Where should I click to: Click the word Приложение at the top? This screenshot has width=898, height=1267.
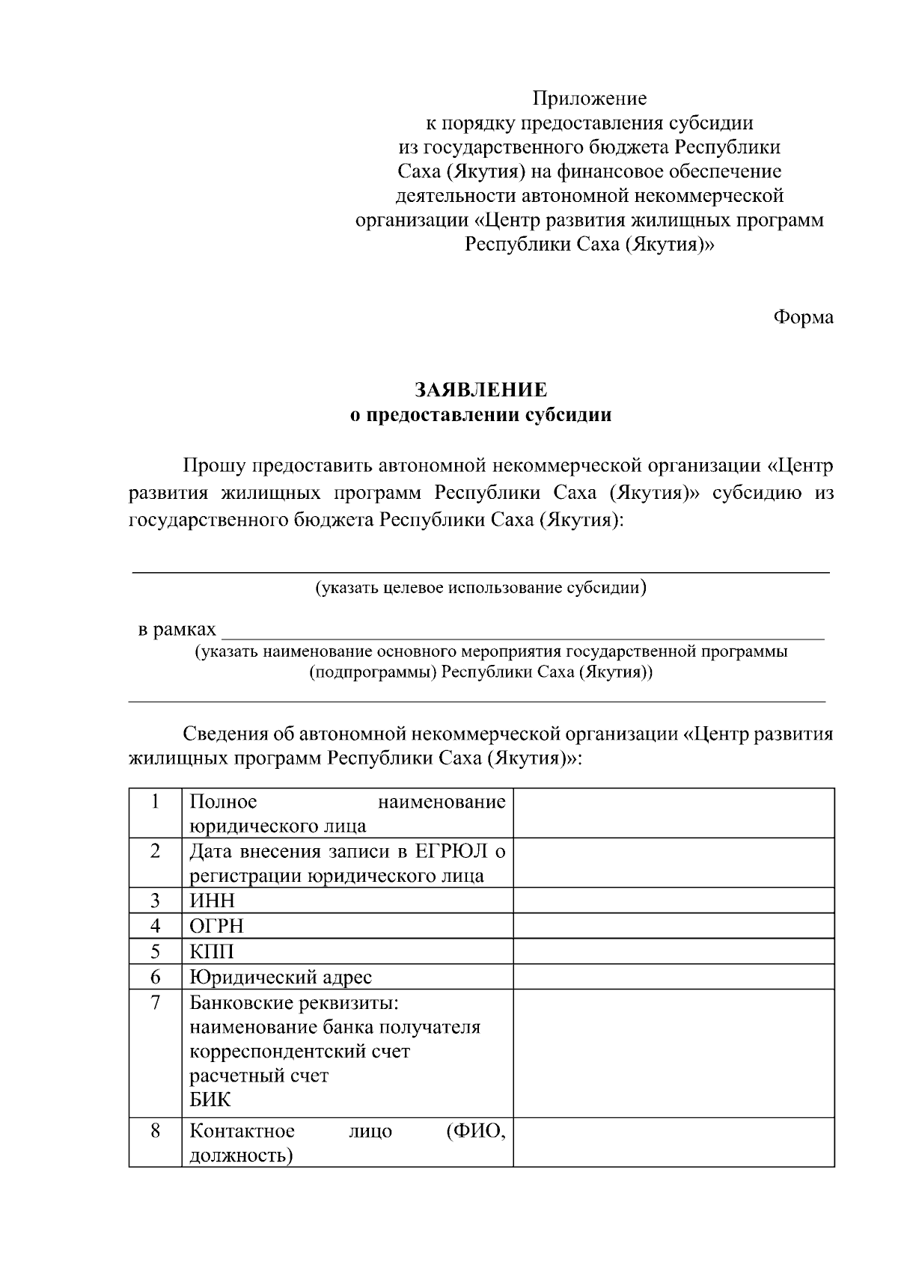pyautogui.click(x=589, y=98)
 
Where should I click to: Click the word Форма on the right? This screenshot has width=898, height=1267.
pyautogui.click(x=802, y=317)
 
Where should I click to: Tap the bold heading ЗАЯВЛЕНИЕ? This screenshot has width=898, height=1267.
pyautogui.click(x=481, y=390)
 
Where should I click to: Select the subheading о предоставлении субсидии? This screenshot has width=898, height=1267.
pyautogui.click(x=481, y=414)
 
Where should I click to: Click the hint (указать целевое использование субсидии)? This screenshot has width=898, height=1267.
pyautogui.click(x=480, y=587)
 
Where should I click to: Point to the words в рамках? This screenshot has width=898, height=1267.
pyautogui.click(x=177, y=630)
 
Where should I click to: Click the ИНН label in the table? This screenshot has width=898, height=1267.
pyautogui.click(x=212, y=901)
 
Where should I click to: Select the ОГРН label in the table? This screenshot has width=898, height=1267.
pyautogui.click(x=216, y=926)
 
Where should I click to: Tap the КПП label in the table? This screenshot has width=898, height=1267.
pyautogui.click(x=212, y=951)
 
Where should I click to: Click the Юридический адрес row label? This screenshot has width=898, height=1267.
pyautogui.click(x=280, y=977)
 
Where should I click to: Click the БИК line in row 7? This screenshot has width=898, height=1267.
pyautogui.click(x=210, y=1099)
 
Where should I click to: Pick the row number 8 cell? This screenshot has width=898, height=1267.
pyautogui.click(x=155, y=1130)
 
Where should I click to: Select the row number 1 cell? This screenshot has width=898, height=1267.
pyautogui.click(x=155, y=802)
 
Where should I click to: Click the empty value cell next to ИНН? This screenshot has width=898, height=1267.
pyautogui.click(x=673, y=901)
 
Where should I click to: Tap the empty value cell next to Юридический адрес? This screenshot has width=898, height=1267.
pyautogui.click(x=673, y=977)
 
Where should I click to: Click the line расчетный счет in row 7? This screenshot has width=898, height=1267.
pyautogui.click(x=259, y=1076)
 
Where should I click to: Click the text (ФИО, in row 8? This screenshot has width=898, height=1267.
pyautogui.click(x=475, y=1130)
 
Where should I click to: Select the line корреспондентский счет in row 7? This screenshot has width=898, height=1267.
pyautogui.click(x=299, y=1051)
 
